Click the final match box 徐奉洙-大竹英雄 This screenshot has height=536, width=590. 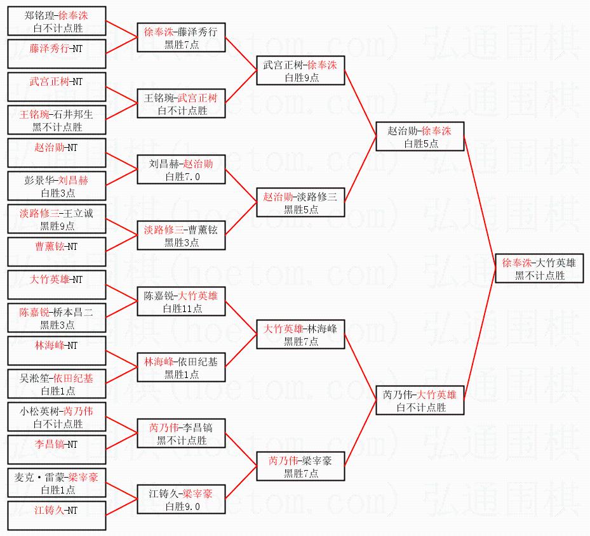click(x=538, y=268)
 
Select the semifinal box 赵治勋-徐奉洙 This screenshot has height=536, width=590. click(x=419, y=137)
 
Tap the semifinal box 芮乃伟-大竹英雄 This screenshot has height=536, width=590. click(x=419, y=401)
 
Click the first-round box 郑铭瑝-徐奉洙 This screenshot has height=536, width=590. click(x=56, y=22)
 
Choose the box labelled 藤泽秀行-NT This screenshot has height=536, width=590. click(x=56, y=48)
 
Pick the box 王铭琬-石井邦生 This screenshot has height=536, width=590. click(x=56, y=121)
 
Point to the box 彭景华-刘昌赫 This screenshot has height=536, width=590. click(x=56, y=186)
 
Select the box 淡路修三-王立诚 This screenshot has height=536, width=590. click(x=56, y=219)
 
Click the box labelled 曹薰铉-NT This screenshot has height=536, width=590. click(x=56, y=246)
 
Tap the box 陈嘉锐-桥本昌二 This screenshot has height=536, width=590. click(x=56, y=318)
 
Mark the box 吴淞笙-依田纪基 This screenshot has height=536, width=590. click(x=56, y=384)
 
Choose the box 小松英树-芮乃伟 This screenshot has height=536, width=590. click(x=56, y=417)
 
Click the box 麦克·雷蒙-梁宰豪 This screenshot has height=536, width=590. click(x=56, y=483)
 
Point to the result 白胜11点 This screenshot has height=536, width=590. click(x=182, y=309)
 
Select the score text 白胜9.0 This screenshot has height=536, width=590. click(x=182, y=507)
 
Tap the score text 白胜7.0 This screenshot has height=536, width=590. click(x=182, y=177)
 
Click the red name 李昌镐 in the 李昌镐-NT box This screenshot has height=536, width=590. click(x=48, y=445)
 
